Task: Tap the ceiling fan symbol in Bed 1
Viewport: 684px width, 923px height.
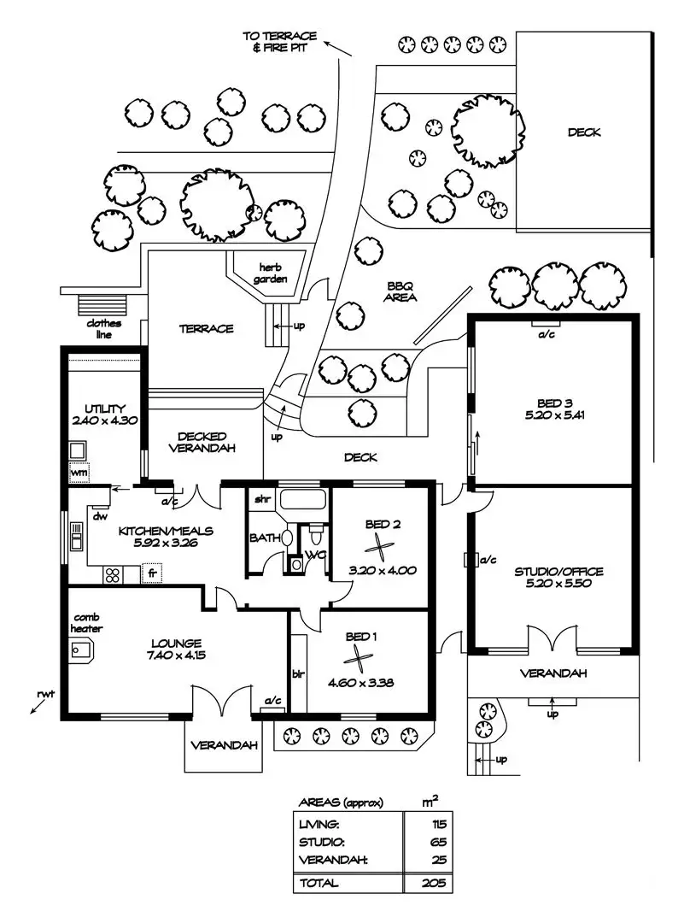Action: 355,659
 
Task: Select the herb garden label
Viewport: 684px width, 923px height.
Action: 271,273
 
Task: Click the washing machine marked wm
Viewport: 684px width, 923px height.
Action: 79,472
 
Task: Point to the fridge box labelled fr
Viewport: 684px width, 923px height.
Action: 152,573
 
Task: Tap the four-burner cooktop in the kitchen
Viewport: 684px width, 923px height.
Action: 113,574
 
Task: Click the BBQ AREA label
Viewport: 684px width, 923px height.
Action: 400,292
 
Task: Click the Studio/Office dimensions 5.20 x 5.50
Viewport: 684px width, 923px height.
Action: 554,584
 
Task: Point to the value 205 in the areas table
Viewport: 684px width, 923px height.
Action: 434,883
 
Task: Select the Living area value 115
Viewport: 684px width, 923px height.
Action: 439,824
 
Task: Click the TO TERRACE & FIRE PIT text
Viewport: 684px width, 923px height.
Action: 280,42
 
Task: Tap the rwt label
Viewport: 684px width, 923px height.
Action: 45,694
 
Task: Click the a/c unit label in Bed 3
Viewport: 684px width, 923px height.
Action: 547,334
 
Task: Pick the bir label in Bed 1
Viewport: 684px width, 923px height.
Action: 298,674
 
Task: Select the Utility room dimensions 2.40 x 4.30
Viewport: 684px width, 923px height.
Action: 105,420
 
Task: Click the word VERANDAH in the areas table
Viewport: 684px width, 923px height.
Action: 334,860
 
